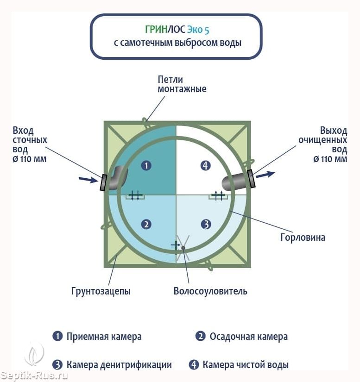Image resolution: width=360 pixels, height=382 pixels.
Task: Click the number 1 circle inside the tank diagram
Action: [x=146, y=165]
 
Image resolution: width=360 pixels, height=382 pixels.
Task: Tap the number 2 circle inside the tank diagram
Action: [x=146, y=225]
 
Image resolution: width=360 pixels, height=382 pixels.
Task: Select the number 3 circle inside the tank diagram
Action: [x=206, y=225]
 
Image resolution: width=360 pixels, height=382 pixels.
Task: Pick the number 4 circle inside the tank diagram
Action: [x=206, y=165]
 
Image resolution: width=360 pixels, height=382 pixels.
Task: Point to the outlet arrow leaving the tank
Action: [x=265, y=175]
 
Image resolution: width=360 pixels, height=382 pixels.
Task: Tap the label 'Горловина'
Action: [x=303, y=238]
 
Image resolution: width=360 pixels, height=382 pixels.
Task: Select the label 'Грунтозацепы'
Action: [x=101, y=291]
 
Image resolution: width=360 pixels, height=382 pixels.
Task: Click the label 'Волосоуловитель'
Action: [x=210, y=291]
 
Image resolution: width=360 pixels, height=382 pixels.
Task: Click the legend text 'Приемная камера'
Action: [x=104, y=337]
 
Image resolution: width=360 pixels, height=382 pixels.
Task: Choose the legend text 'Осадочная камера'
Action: [x=248, y=337]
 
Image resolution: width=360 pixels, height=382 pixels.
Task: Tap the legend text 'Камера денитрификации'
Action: [x=119, y=365]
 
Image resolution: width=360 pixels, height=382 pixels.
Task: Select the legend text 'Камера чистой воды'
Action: [x=246, y=365]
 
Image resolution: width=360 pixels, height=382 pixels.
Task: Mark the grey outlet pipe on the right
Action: [x=235, y=181]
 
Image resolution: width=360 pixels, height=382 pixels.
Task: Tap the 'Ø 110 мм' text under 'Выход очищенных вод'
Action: [x=330, y=159]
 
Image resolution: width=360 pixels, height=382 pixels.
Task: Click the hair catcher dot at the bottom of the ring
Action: [x=183, y=248]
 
